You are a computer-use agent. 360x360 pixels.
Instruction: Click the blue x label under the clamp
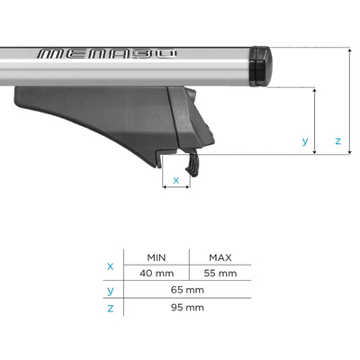click(175, 180)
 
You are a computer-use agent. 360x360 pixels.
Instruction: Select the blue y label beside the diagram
click(305, 141)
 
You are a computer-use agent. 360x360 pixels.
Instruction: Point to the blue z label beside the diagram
click(337, 141)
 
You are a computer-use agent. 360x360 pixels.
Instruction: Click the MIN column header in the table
click(157, 256)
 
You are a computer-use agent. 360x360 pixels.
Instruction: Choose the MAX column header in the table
click(220, 256)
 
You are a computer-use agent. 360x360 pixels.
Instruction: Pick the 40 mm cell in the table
click(157, 273)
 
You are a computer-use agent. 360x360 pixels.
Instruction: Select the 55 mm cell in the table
click(220, 273)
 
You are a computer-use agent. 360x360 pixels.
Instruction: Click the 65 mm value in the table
click(189, 290)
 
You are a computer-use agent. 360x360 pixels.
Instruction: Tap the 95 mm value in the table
click(189, 307)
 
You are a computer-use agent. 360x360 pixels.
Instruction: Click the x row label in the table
click(111, 265)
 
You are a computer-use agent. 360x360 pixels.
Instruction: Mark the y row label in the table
click(111, 290)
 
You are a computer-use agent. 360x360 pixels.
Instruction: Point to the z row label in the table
click(111, 307)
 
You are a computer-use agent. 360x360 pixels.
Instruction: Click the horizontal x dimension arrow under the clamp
click(175, 190)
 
